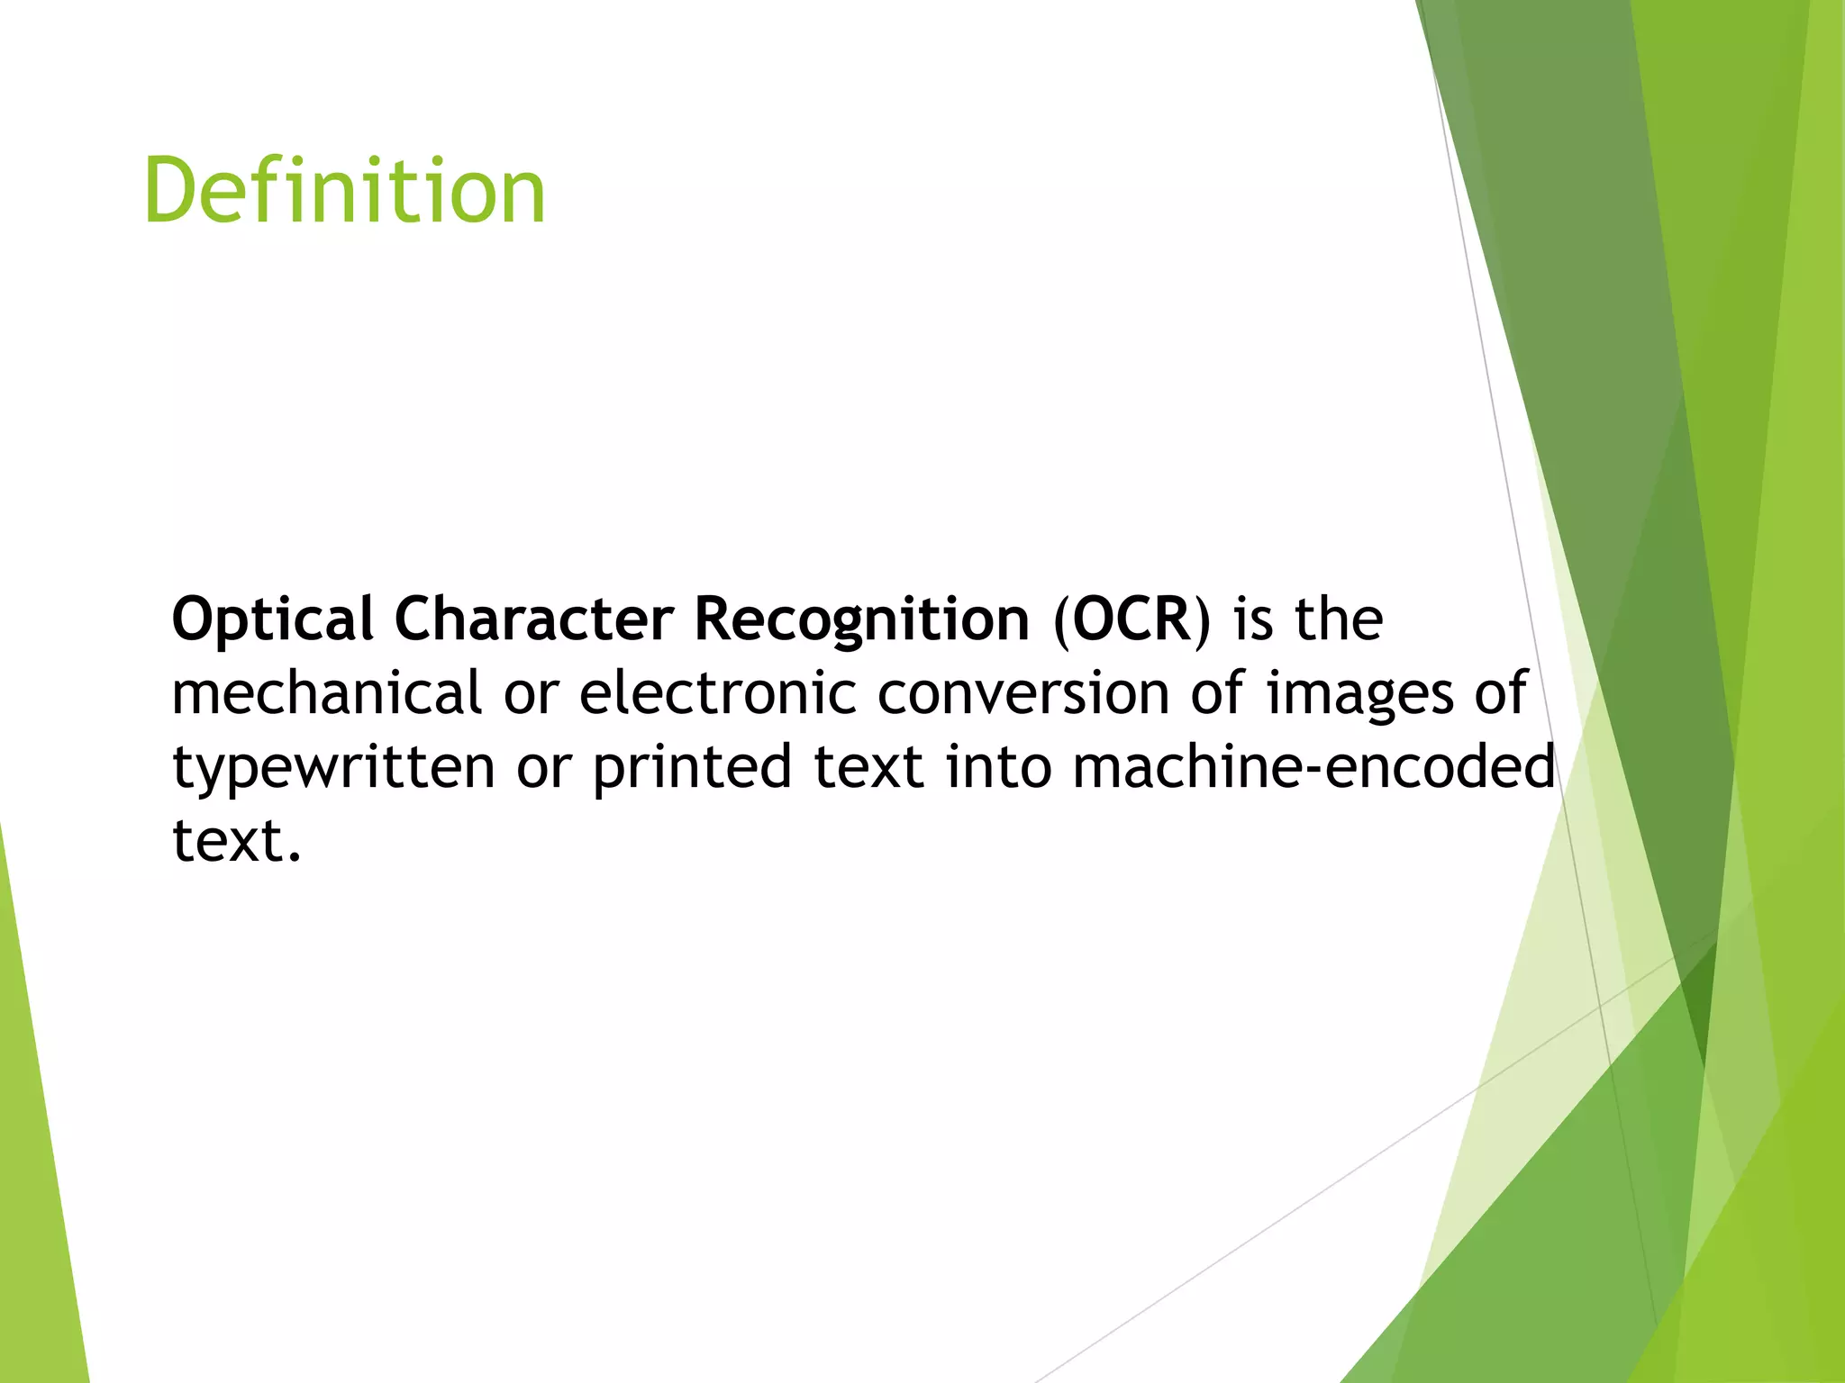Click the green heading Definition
pos(344,191)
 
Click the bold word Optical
pos(272,620)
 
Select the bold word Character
pos(533,620)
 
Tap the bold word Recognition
pos(861,620)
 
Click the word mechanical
pos(326,693)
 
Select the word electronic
pos(717,693)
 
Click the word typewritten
pos(333,768)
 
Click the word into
pos(998,766)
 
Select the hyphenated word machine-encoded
pos(1313,766)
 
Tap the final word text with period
pos(236,841)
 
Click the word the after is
pos(1339,620)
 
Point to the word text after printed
pos(868,768)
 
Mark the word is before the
pos(1253,620)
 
